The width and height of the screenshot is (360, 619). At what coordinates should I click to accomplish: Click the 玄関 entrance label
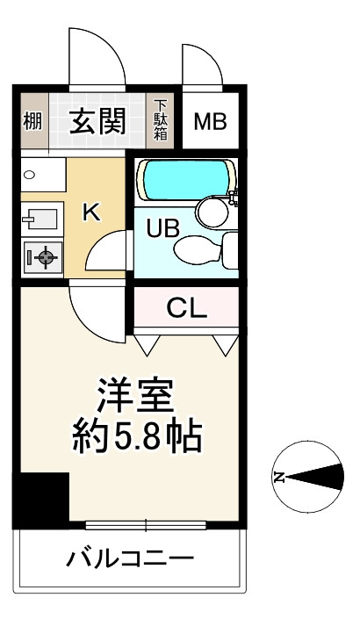[x=97, y=120]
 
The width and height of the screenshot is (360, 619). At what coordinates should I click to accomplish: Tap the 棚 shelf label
[x=32, y=121]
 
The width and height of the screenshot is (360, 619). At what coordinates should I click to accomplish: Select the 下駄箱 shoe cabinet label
[x=161, y=120]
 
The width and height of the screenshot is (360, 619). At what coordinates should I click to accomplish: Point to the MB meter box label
[x=211, y=121]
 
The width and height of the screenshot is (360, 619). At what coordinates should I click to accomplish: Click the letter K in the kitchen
[x=91, y=212]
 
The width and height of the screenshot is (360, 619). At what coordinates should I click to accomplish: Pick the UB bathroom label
[x=163, y=227]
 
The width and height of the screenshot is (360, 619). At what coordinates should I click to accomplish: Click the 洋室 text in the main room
[x=135, y=395]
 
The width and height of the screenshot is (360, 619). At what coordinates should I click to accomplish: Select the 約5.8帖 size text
[x=137, y=437]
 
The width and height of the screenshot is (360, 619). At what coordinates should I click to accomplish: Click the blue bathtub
[x=186, y=180]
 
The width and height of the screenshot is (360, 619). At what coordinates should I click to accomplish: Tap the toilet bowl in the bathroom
[x=198, y=248]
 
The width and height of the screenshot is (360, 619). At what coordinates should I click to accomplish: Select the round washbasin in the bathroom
[x=213, y=212]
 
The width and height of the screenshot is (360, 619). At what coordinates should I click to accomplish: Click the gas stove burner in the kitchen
[x=46, y=258]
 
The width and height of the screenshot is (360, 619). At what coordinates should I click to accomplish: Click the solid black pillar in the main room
[x=41, y=497]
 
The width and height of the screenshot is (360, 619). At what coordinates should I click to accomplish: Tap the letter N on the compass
[x=279, y=477]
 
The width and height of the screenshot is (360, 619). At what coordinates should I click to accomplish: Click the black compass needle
[x=314, y=477]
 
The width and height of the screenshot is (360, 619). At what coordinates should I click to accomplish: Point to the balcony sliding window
[x=146, y=525]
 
